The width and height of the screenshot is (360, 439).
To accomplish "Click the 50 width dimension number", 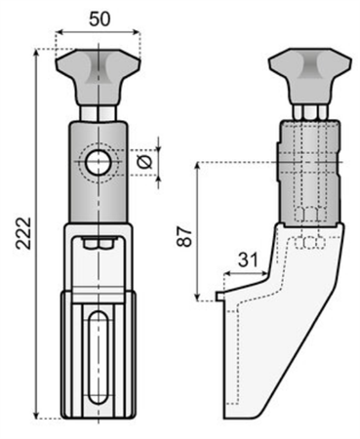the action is click(x=100, y=20).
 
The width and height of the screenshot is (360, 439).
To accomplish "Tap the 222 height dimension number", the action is click(x=24, y=233).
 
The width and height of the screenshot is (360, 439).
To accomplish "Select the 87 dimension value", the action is click(x=184, y=237).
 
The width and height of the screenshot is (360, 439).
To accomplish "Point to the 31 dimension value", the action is click(x=248, y=259).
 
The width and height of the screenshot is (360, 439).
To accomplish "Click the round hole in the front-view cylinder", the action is click(x=98, y=163).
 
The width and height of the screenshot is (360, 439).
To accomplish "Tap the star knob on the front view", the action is click(x=98, y=77).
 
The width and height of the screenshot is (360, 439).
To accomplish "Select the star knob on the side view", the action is click(x=310, y=77).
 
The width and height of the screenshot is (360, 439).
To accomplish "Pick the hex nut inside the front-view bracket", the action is click(x=98, y=243).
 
